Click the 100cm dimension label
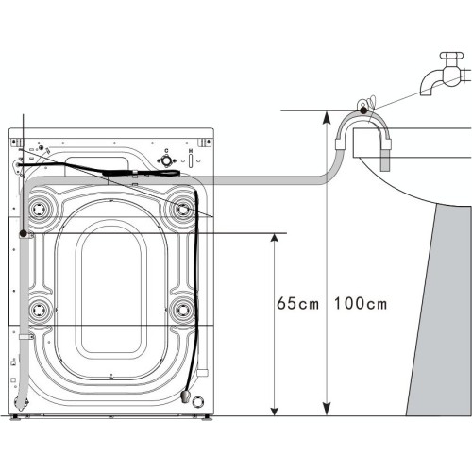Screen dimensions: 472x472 pos(361,304)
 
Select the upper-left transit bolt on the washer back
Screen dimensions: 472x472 pos(39,204)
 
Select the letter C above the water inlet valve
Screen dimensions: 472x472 pos(167,151)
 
